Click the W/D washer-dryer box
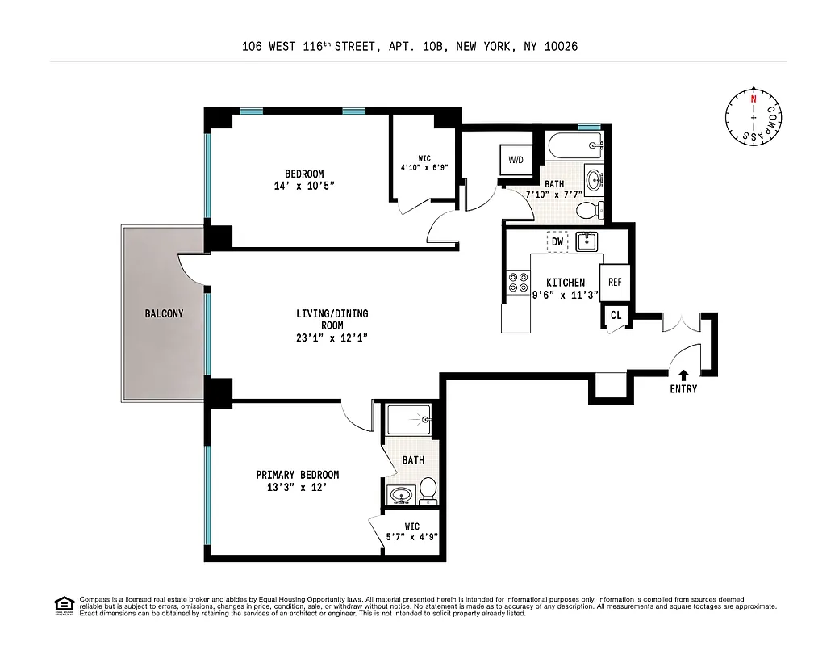click(x=516, y=160)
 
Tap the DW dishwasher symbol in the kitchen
click(x=557, y=241)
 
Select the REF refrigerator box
click(x=615, y=283)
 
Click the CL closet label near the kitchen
click(x=616, y=316)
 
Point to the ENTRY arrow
click(x=683, y=375)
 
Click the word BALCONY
click(x=165, y=313)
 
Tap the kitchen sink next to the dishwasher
click(x=585, y=241)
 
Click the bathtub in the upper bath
click(x=574, y=146)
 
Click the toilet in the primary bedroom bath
click(x=428, y=488)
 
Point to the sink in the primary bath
click(x=399, y=494)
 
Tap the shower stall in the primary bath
click(x=410, y=420)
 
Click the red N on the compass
click(x=754, y=99)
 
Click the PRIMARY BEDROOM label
click(x=297, y=475)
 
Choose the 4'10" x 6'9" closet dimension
click(x=424, y=168)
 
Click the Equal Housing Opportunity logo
click(x=62, y=604)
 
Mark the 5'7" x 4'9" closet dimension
click(x=412, y=536)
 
